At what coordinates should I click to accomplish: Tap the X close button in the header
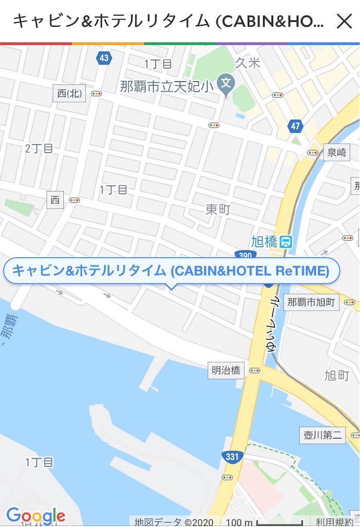pos(344,21)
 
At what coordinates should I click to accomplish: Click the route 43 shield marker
pos(104,58)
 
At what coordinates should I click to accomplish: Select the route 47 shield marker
pos(295,126)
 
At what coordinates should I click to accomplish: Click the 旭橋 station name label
pos(264,241)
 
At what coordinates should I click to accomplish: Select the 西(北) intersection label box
pos(69,94)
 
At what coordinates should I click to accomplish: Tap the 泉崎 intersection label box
pos(336,152)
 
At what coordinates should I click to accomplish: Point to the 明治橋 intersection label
pos(226,370)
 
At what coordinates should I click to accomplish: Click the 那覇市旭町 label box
pos(312,302)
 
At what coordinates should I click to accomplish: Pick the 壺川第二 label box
pos(322,435)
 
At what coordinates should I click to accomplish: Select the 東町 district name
pos(218,209)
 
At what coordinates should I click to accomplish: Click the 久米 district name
pos(248,63)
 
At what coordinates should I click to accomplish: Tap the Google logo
pos(36,516)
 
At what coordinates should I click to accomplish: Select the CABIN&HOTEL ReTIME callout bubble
pos(171,271)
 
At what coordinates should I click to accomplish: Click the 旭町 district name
pos(337,375)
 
